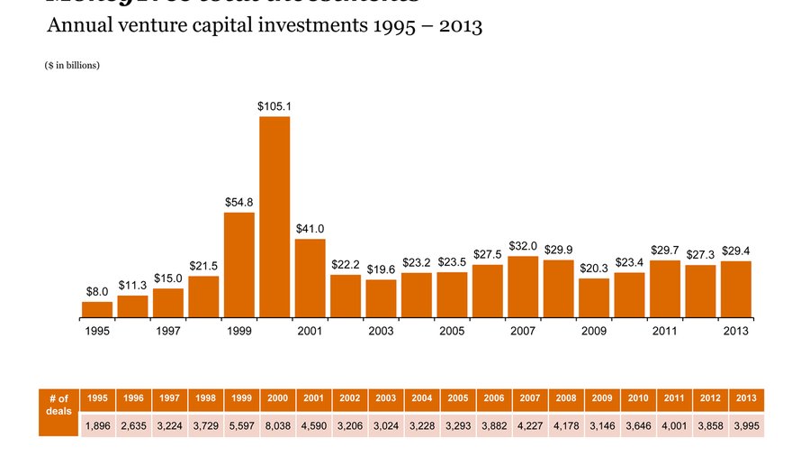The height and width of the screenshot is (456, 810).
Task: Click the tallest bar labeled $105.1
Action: pos(274,216)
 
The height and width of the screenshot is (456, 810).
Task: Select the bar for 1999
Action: pos(239,265)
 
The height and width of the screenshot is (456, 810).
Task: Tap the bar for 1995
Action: pos(97,309)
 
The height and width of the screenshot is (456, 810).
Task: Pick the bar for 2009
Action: pos(594,297)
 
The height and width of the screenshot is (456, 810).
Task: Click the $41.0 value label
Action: pos(310,229)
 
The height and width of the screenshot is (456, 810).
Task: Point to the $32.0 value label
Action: pos(523,246)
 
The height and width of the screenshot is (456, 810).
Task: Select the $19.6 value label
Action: pos(381,269)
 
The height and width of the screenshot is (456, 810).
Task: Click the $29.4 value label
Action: pos(735,251)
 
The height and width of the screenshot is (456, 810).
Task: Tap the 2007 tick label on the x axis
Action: pos(523,332)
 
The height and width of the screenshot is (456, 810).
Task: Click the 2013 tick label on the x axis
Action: pos(735,332)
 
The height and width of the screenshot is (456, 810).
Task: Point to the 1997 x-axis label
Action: pos(168,332)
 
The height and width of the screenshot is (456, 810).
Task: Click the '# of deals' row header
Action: pos(58,406)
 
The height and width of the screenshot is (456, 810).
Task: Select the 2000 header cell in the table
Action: pos(277,398)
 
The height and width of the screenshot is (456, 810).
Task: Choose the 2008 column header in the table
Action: pos(565,398)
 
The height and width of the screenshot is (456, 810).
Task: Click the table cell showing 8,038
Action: pos(277,424)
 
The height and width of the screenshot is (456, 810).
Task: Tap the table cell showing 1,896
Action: pos(97,424)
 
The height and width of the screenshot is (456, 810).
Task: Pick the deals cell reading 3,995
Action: pos(746,424)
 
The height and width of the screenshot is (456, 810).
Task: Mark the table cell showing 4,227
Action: pos(529,424)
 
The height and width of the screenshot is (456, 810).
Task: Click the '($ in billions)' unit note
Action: pos(72,66)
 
